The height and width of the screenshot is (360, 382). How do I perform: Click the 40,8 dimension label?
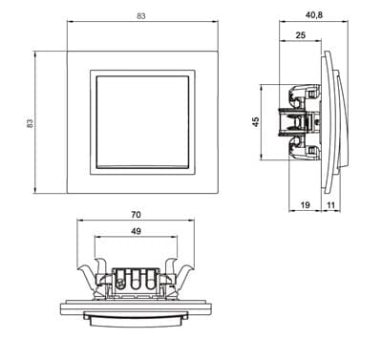(x=313, y=15)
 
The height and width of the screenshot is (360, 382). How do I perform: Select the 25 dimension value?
(x=300, y=34)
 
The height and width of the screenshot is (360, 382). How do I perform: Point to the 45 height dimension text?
(x=255, y=122)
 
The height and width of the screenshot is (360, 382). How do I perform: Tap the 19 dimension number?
(x=305, y=205)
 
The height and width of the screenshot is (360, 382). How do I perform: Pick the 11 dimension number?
(x=331, y=205)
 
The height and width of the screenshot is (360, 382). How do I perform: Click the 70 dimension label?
(x=136, y=215)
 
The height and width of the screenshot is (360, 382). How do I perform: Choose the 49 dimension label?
(x=136, y=231)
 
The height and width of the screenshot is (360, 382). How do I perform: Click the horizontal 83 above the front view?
(x=141, y=16)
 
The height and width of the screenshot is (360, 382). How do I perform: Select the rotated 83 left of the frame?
(x=30, y=123)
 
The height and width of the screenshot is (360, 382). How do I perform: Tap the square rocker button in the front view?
(x=142, y=121)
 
